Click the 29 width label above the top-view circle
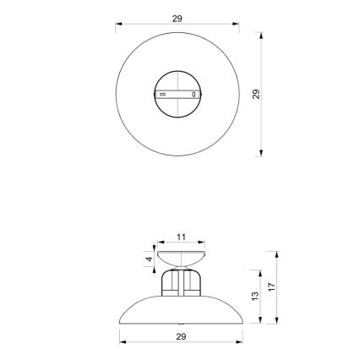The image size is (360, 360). click(177, 18)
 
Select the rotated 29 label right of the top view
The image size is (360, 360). click(255, 95)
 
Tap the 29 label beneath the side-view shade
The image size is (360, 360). click(180, 335)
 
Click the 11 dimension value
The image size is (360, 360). click(180, 237)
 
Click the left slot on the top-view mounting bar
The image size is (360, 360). click(163, 95)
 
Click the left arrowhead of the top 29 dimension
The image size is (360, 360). click(119, 25)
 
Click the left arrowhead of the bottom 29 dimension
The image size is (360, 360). click(120, 342)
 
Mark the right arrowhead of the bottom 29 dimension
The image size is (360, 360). click(241, 342)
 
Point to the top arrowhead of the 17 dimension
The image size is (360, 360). click(276, 253)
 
